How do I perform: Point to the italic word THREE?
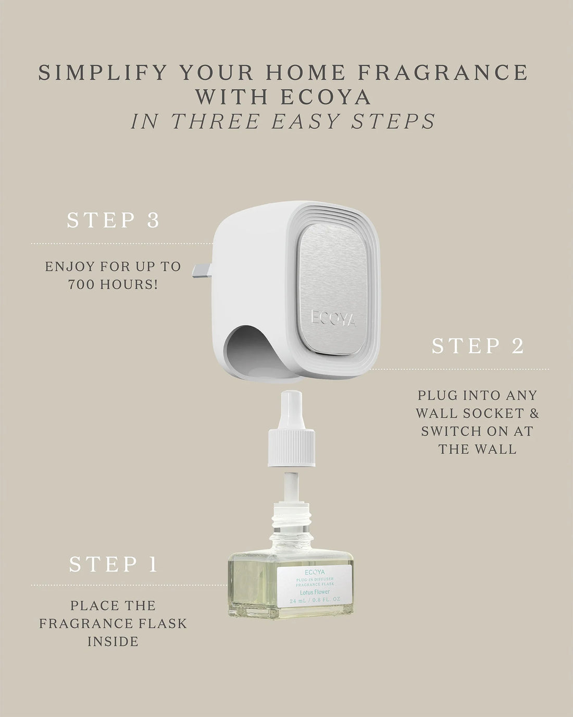pyautogui.click(x=216, y=121)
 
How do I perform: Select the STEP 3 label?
pyautogui.click(x=113, y=220)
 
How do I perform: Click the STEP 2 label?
pyautogui.click(x=478, y=346)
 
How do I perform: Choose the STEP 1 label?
pyautogui.click(x=113, y=564)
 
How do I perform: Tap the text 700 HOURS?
pyautogui.click(x=113, y=285)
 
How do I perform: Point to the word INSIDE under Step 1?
pyautogui.click(x=113, y=641)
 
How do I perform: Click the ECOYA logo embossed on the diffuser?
pyautogui.click(x=333, y=318)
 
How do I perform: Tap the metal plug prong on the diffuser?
pyautogui.click(x=204, y=269)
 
